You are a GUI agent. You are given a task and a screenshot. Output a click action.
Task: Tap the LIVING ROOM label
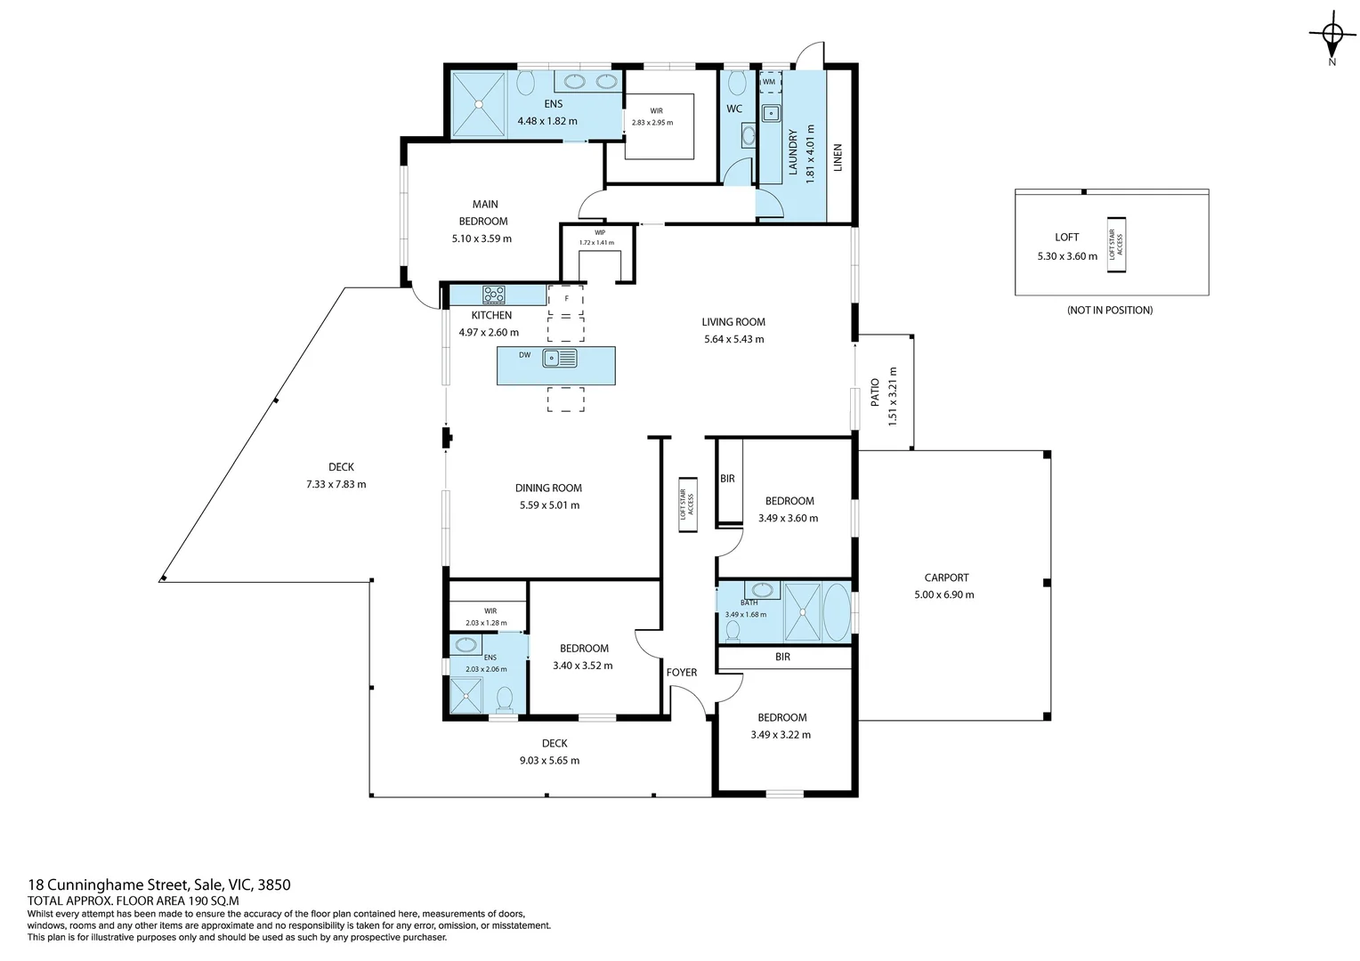click(x=733, y=322)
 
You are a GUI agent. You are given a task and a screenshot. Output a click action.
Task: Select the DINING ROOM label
click(x=548, y=488)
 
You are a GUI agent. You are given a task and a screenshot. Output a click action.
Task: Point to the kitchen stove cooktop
click(x=494, y=295)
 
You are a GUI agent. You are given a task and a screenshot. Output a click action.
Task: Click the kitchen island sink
click(x=561, y=359)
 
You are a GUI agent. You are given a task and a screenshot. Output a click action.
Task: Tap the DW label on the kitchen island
click(x=524, y=355)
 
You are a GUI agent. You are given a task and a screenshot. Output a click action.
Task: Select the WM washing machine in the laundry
click(x=769, y=82)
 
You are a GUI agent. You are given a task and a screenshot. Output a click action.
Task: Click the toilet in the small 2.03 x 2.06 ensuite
click(x=504, y=699)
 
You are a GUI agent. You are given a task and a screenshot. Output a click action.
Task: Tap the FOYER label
click(x=682, y=673)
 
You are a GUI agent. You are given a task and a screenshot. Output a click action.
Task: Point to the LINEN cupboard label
click(x=838, y=157)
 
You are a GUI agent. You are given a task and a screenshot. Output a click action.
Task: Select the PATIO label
click(x=875, y=392)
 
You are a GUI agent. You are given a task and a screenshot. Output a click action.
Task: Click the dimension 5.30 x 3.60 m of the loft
click(x=1066, y=256)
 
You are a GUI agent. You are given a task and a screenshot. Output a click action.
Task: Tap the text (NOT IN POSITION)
click(x=1109, y=311)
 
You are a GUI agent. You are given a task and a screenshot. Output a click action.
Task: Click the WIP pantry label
click(x=600, y=233)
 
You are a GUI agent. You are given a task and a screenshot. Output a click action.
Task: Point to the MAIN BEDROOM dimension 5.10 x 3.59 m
click(x=482, y=238)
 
